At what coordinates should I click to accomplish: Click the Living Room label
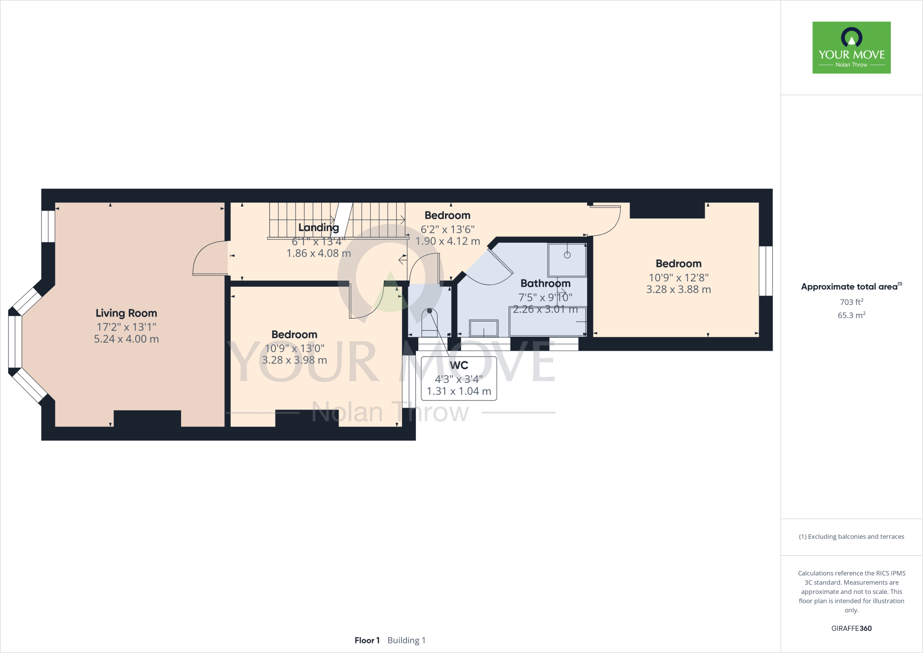126,313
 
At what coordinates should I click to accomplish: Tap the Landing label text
318,228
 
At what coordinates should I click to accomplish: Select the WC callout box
459,378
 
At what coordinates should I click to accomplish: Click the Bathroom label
545,283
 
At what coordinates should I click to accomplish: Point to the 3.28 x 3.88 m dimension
678,290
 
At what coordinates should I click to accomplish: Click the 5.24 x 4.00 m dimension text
126,339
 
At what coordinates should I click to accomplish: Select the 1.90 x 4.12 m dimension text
448,241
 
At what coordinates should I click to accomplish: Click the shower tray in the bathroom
567,260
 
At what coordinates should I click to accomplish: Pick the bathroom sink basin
484,328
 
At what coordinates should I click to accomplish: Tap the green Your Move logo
851,47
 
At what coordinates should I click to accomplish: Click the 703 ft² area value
851,302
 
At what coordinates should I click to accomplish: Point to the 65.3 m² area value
851,315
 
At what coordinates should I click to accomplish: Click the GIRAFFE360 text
851,628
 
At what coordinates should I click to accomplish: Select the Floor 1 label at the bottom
367,640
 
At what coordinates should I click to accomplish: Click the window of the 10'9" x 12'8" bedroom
766,271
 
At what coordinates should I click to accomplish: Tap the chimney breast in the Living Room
147,418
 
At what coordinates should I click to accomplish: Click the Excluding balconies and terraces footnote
851,537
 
